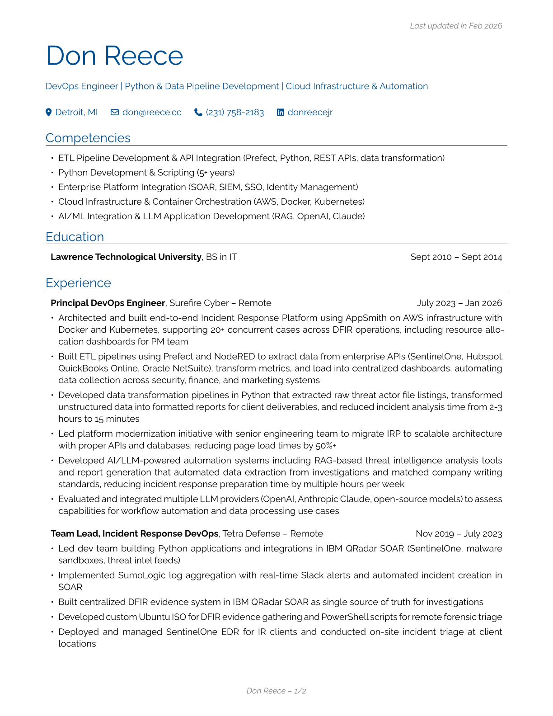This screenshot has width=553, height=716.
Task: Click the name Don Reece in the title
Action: [114, 56]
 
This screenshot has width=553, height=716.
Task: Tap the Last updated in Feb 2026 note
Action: [455, 26]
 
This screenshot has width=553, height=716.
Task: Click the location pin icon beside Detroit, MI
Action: [49, 112]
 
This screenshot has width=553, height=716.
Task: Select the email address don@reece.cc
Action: [151, 112]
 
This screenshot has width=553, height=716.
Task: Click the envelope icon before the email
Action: [115, 112]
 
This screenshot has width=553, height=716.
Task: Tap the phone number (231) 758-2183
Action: [234, 112]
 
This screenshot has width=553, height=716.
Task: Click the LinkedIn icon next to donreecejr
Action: [281, 112]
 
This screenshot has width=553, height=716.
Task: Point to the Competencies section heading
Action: [88, 138]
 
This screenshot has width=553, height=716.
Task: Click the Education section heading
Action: [75, 237]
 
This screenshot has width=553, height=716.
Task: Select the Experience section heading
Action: [78, 283]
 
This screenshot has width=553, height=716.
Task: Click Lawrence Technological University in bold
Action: [126, 257]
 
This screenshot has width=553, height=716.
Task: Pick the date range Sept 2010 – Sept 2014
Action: [456, 257]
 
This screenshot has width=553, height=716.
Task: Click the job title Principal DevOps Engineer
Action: [108, 303]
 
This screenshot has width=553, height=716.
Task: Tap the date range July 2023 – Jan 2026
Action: [459, 303]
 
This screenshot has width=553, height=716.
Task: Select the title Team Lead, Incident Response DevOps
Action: [134, 533]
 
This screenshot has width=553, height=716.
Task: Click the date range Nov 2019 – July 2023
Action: [459, 533]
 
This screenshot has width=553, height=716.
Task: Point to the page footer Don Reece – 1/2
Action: [276, 691]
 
